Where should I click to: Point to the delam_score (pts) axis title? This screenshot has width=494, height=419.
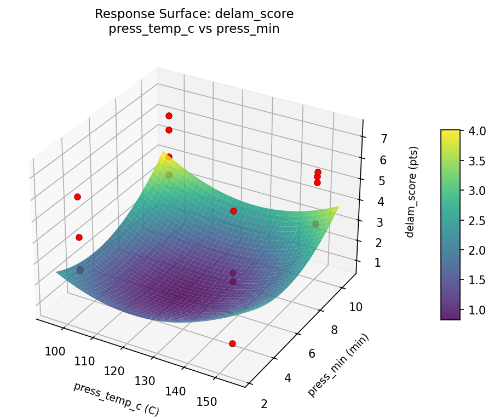click(414, 192)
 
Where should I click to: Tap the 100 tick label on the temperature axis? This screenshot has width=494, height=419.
click(55, 351)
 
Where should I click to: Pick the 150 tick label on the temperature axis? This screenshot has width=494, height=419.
click(206, 401)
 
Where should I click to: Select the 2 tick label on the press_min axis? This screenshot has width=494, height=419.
click(265, 404)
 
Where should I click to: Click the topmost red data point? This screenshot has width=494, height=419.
click(169, 116)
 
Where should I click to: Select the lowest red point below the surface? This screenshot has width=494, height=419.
click(232, 343)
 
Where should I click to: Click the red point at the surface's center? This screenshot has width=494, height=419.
click(233, 211)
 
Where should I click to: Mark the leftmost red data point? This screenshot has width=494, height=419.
click(77, 197)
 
